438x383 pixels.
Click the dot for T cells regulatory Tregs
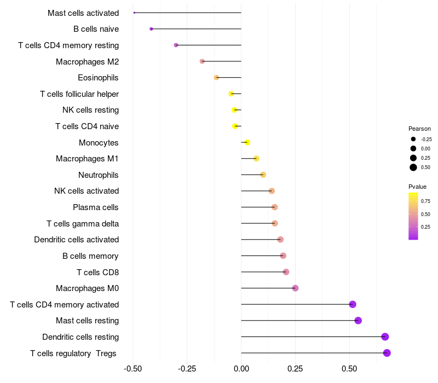[387, 353]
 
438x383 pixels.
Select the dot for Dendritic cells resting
[385, 336]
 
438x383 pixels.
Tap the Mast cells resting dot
[358, 321]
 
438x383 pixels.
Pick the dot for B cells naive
[151, 29]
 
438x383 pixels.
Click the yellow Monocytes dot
[247, 142]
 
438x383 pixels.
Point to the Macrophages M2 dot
[202, 61]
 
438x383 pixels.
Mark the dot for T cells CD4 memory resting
[176, 45]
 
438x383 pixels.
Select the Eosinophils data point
[216, 78]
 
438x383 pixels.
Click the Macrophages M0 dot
[295, 288]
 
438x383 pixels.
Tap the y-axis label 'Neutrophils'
[99, 175]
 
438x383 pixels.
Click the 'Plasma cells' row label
[96, 207]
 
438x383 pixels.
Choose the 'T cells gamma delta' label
[83, 224]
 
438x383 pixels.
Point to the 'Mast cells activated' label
[83, 13]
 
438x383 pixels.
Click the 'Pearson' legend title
[419, 129]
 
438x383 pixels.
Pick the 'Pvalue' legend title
[418, 187]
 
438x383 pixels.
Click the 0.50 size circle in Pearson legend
[413, 167]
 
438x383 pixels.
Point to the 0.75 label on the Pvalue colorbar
[425, 201]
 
